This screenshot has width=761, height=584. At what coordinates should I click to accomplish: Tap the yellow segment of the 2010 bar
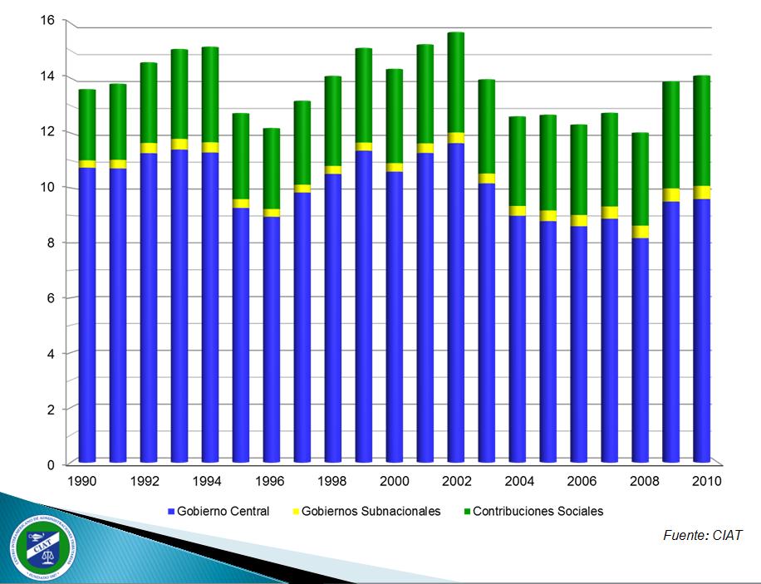702,193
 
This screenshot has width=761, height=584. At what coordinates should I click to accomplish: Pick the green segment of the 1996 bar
272,169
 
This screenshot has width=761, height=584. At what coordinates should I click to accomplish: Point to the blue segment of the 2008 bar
641,349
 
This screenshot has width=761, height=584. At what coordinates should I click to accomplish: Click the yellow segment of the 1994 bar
210,147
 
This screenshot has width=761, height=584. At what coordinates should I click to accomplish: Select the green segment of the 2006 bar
579,169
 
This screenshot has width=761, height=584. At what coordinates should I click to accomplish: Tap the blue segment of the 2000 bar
395,316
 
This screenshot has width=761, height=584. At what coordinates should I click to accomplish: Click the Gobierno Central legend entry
218,512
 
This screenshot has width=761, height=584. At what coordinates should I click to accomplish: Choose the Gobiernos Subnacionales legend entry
365,512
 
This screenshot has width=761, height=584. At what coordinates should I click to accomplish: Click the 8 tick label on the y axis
51,243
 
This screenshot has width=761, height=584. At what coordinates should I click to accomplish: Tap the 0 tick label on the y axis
51,464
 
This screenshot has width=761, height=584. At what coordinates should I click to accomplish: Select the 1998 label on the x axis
333,482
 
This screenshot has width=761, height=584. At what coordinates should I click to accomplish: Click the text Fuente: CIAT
702,536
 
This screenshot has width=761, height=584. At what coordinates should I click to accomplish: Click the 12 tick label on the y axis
47,131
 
